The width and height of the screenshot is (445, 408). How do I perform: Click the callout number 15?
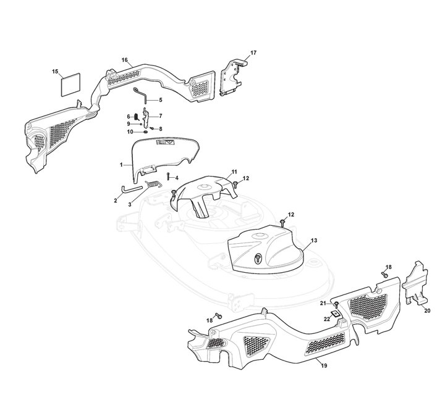[54, 73]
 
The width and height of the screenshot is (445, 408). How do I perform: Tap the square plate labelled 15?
[71, 84]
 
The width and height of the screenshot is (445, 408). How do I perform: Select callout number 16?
[124, 60]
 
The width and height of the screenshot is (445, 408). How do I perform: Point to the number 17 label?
[253, 53]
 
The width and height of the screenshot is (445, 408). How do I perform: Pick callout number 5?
[161, 99]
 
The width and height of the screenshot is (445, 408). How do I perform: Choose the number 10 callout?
[130, 131]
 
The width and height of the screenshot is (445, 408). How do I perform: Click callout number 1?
[122, 165]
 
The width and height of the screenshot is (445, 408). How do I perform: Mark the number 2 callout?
[116, 200]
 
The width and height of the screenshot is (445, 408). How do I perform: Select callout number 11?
[234, 170]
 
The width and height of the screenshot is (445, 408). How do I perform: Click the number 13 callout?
[314, 240]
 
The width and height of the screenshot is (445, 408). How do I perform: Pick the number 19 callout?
[324, 367]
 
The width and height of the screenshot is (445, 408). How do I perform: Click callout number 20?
[427, 311]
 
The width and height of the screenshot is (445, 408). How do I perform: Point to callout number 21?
[323, 304]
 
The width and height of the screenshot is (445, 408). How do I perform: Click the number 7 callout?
[161, 116]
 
